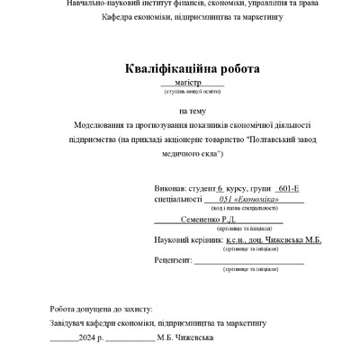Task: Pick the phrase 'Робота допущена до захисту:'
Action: pyautogui.click(x=102, y=307)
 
